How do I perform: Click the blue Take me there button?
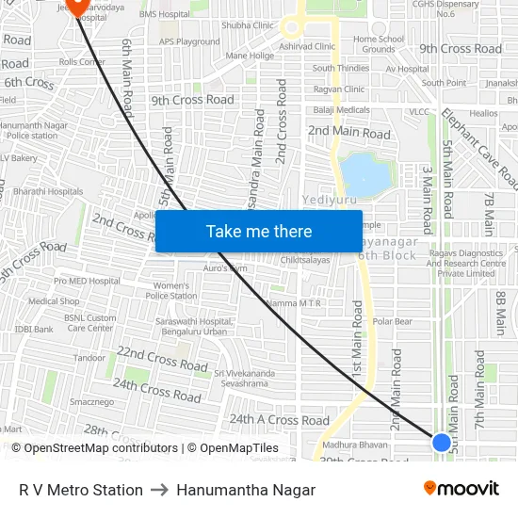click(x=259, y=231)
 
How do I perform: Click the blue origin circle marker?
click(x=441, y=442)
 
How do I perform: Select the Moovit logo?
click(x=461, y=489)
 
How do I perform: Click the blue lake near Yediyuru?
click(x=365, y=174)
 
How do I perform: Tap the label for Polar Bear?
click(x=392, y=322)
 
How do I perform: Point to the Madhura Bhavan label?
click(x=355, y=444)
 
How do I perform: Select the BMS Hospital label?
click(x=164, y=14)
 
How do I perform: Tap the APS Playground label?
click(x=189, y=41)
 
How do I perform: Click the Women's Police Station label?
click(x=170, y=290)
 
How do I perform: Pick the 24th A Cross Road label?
click(x=280, y=420)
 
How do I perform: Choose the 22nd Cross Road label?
click(x=162, y=358)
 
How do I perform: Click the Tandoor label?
click(x=89, y=358)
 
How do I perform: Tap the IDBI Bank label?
click(x=34, y=330)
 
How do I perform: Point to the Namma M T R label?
click(x=295, y=303)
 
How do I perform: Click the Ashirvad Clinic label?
click(x=307, y=46)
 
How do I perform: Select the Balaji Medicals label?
click(x=341, y=110)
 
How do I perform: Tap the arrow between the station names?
click(x=159, y=490)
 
